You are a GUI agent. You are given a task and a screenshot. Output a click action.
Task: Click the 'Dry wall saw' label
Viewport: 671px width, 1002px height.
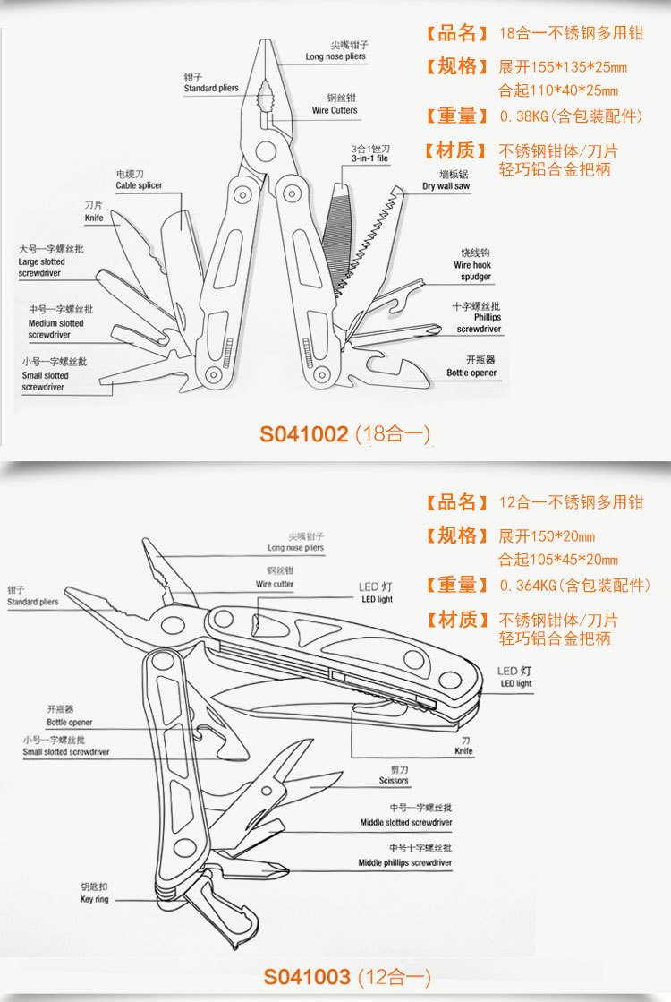coord(446,186)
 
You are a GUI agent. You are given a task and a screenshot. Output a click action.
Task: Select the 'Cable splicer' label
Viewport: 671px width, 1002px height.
coord(139,185)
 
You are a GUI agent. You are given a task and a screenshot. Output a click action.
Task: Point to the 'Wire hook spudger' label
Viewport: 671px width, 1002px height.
coord(472,271)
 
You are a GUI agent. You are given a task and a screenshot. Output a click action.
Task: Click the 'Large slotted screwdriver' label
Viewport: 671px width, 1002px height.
coord(41,267)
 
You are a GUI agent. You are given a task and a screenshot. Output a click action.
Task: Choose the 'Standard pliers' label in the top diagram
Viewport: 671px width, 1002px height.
coord(211,89)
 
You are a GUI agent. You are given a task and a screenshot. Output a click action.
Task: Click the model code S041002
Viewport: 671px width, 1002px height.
coord(303,435)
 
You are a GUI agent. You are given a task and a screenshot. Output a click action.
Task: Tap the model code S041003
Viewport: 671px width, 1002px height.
coord(306,975)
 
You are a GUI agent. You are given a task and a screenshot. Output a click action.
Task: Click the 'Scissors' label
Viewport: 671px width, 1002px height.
coord(394,781)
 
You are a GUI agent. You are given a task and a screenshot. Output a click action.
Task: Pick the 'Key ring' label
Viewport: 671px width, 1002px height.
coord(94,899)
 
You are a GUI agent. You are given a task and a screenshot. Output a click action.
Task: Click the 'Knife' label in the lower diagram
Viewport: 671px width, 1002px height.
coord(463,751)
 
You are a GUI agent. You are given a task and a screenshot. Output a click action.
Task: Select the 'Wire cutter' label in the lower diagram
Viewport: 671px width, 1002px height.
coord(275,584)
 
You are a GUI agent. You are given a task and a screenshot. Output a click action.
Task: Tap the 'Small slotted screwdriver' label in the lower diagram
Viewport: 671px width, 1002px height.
coord(66,752)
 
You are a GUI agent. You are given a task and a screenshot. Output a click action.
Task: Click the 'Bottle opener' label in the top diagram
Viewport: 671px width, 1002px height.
coord(471,373)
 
